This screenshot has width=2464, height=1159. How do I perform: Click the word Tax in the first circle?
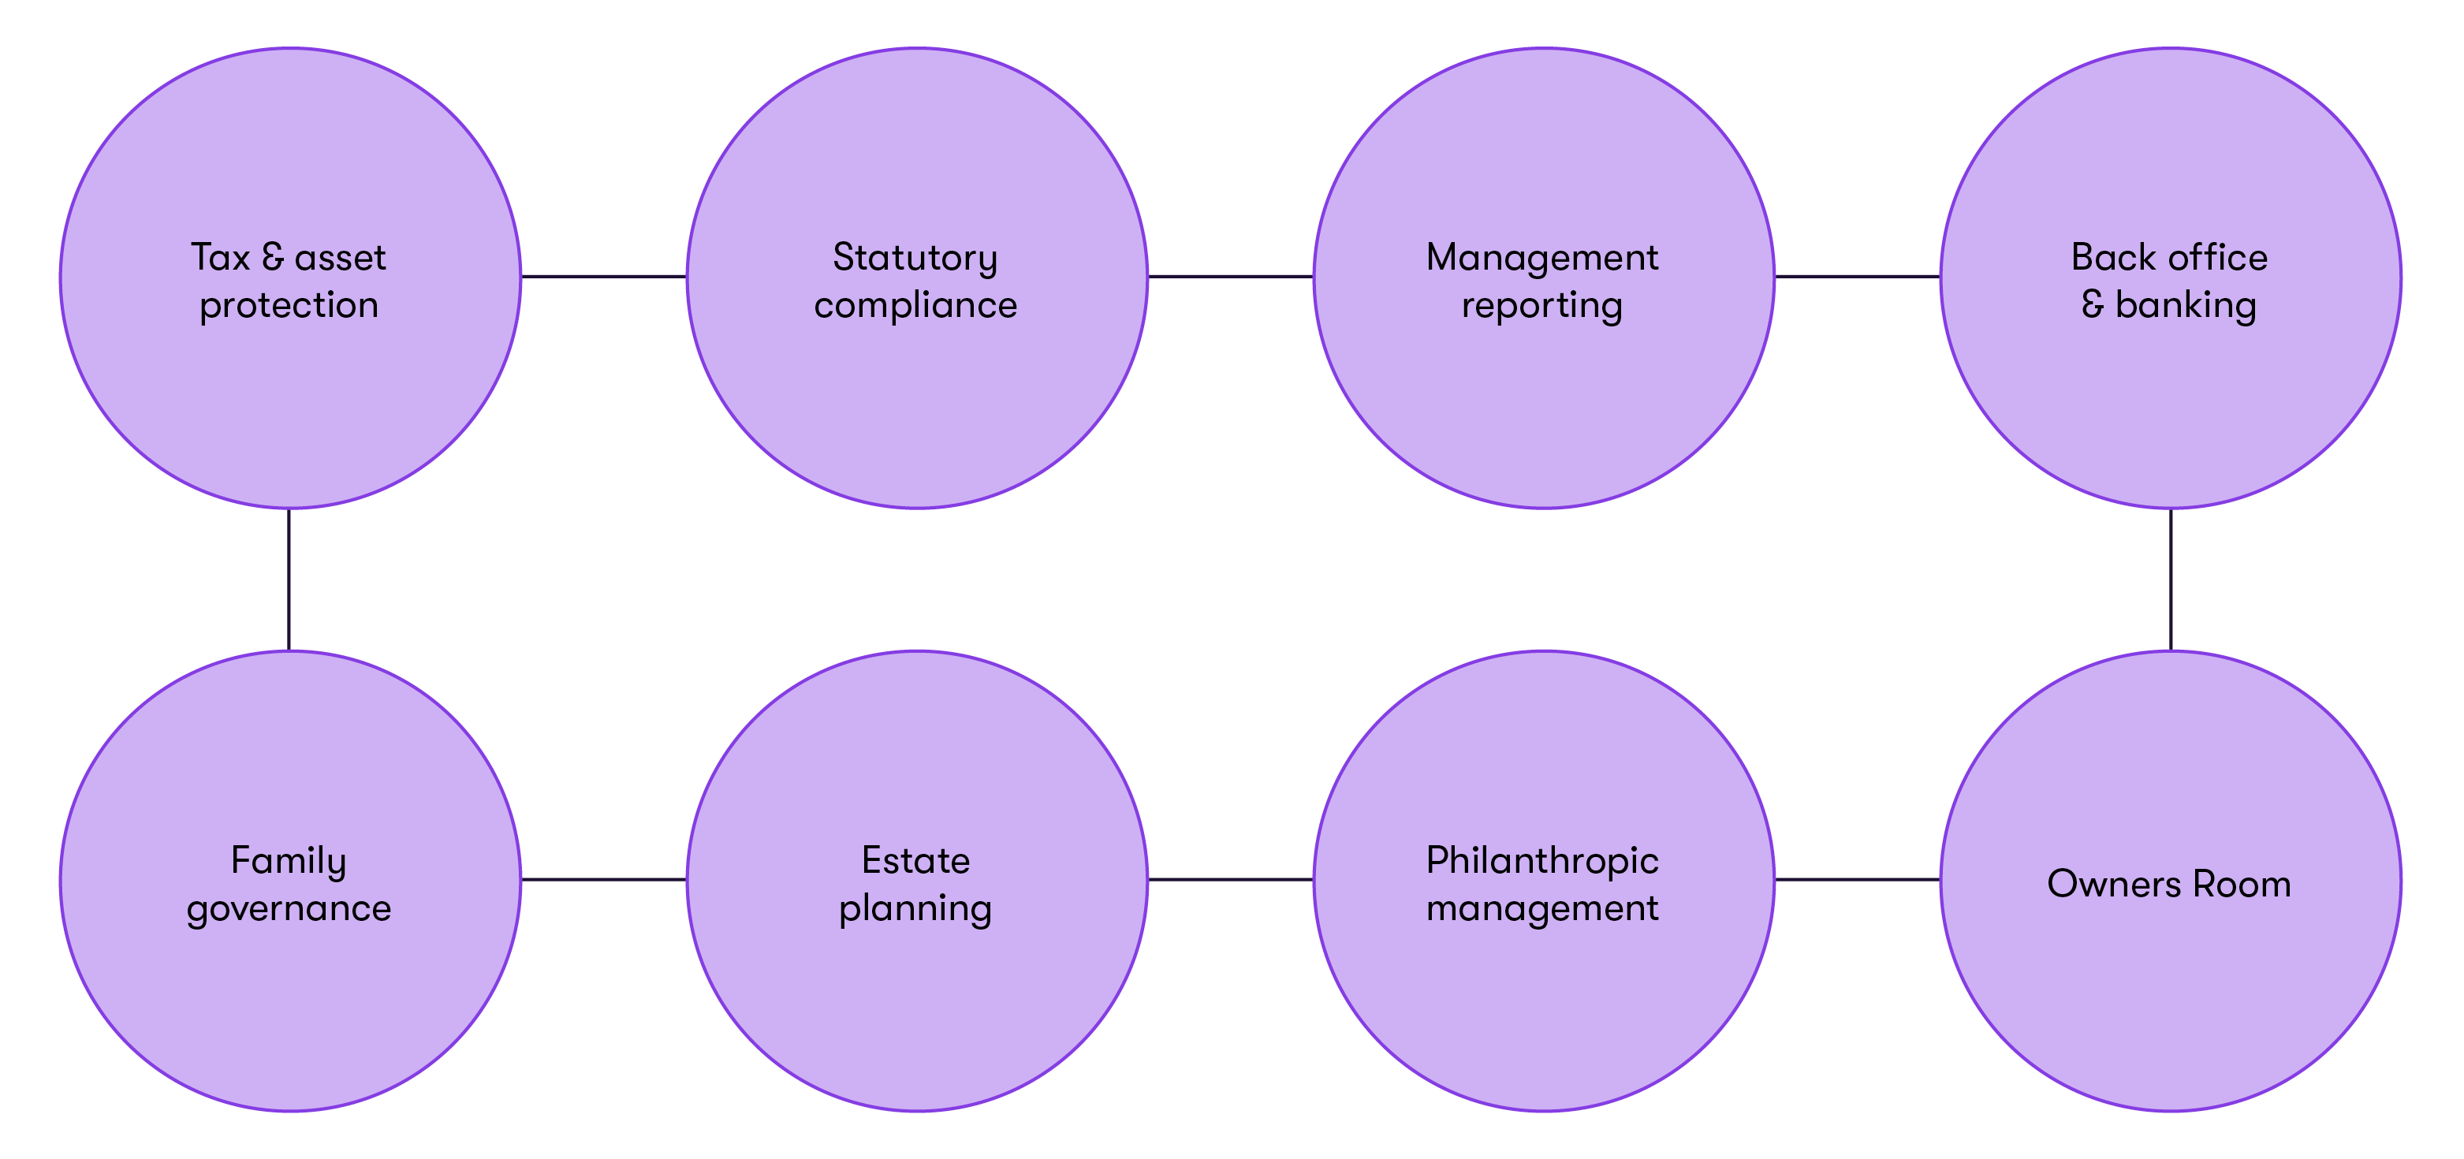point(219,257)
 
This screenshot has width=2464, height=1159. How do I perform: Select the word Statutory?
point(915,258)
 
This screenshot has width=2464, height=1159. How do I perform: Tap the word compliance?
point(915,306)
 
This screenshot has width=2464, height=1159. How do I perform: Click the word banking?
point(2185,306)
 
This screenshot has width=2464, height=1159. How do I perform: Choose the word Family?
point(288,862)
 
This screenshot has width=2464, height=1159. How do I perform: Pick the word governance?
point(288,909)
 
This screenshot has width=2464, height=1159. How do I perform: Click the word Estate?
point(915,861)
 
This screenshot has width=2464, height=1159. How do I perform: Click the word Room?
point(2241,885)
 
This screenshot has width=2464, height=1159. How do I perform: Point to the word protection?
point(288,307)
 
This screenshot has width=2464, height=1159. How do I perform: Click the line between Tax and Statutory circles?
point(603,278)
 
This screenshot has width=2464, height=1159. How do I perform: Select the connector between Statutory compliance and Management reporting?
point(1230,278)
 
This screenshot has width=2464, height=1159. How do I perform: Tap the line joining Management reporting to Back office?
point(1857,278)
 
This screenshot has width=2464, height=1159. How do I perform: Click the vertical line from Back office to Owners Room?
point(2171,579)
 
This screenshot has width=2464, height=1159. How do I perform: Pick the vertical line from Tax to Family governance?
point(289,579)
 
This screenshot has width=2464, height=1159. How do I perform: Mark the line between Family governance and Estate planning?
point(603,880)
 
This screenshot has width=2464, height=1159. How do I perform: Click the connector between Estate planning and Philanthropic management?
point(1230,880)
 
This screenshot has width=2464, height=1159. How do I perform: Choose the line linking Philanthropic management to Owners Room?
point(1857,880)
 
